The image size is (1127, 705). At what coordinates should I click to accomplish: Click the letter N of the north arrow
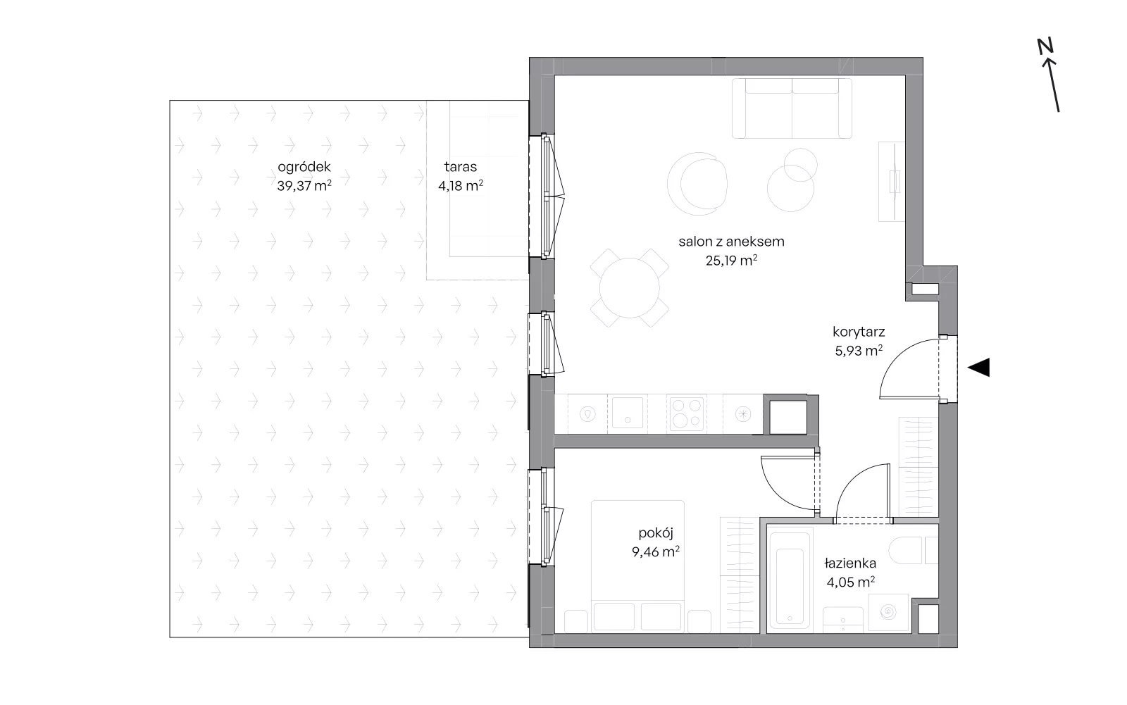click(1045, 46)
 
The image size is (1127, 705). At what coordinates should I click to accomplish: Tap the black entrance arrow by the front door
click(979, 368)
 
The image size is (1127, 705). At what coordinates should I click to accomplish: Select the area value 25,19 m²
click(731, 260)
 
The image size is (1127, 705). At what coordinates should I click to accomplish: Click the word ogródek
click(304, 166)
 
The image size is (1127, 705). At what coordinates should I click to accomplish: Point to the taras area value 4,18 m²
click(461, 186)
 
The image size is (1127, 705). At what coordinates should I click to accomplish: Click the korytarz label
click(859, 332)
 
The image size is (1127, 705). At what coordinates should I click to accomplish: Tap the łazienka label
click(849, 563)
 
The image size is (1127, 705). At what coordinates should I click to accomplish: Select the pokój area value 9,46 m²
click(656, 551)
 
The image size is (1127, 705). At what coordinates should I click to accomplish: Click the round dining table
click(630, 288)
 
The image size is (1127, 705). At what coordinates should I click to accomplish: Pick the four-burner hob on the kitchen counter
click(687, 413)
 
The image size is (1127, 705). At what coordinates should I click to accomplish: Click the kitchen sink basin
click(628, 413)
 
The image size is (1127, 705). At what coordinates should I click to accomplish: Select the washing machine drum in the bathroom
click(888, 612)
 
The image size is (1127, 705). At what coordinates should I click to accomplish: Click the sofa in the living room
click(792, 108)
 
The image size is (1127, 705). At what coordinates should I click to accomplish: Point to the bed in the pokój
click(637, 566)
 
